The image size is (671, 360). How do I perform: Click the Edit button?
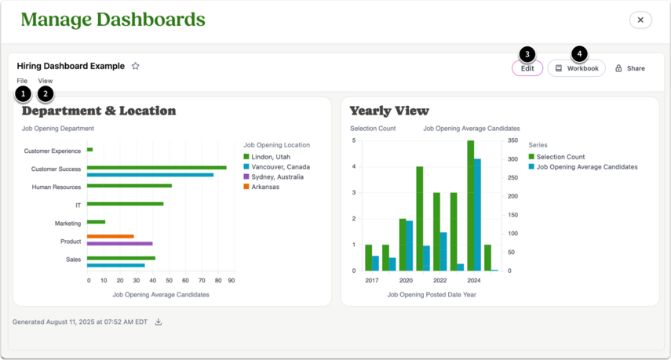click(527, 68)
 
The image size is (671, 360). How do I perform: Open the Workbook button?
click(576, 68)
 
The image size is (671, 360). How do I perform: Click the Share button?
click(630, 68)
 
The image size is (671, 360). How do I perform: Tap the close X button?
click(640, 20)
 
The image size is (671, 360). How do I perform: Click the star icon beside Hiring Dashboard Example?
click(136, 66)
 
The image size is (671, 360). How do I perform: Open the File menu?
click(22, 81)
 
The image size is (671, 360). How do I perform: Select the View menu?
click(46, 81)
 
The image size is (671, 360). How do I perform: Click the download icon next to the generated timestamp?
click(159, 322)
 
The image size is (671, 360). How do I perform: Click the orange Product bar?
click(111, 236)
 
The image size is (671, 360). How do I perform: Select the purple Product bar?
click(120, 244)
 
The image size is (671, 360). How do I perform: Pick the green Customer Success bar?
click(157, 168)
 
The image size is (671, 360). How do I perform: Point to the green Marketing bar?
click(97, 222)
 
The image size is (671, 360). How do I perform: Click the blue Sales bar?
click(116, 266)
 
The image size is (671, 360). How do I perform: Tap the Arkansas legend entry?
click(261, 187)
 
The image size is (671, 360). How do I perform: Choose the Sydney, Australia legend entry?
click(273, 177)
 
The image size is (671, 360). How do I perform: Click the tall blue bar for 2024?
click(477, 215)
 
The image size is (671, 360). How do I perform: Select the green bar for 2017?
click(368, 258)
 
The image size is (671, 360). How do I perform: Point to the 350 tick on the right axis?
click(512, 140)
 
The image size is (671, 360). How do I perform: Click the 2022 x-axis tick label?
click(440, 281)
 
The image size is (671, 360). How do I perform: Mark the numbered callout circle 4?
click(579, 54)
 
